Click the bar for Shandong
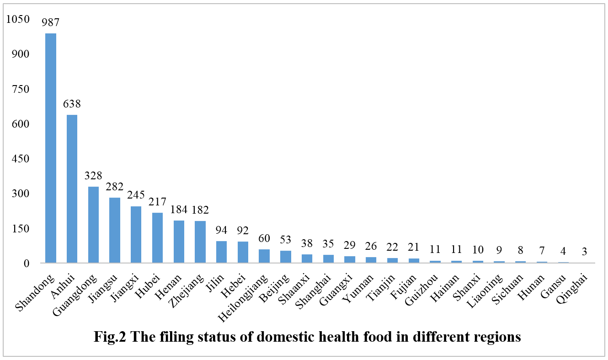[x=51, y=148]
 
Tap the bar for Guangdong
[x=93, y=225]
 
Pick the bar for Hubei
[x=157, y=238]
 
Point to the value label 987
[x=51, y=22]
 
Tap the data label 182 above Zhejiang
[x=200, y=210]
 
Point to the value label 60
[x=264, y=238]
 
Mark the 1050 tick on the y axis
[x=17, y=19]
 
